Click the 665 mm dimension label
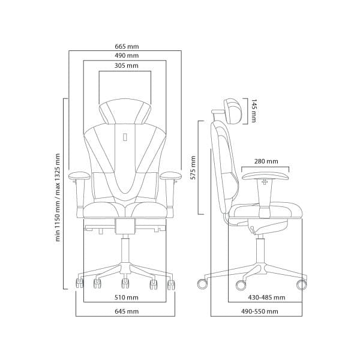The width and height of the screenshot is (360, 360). (x=127, y=47)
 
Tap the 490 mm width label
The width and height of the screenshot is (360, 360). (x=127, y=56)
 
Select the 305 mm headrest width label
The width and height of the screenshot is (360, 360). (x=127, y=65)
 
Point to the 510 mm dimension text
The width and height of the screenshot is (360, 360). (x=127, y=298)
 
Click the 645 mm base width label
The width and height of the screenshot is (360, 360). (x=127, y=311)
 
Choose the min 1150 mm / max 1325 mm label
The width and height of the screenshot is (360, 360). (x=58, y=197)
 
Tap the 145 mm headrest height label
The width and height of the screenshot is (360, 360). (x=254, y=111)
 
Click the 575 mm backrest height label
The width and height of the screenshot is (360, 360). (x=193, y=168)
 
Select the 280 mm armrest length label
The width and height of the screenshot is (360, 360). (x=266, y=161)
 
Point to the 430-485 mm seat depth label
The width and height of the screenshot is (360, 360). (x=266, y=298)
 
